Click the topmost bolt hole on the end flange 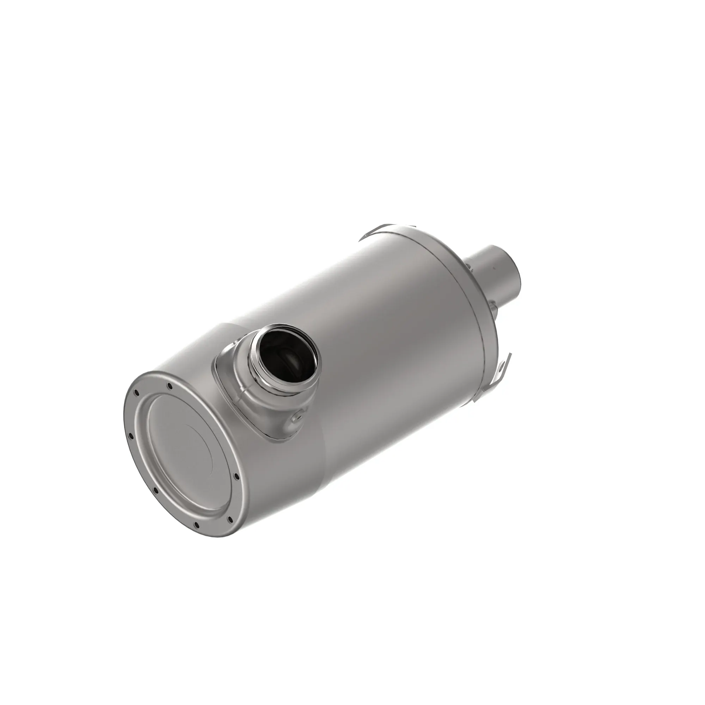pyautogui.click(x=169, y=386)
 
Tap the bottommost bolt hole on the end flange pyautogui.click(x=197, y=535)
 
